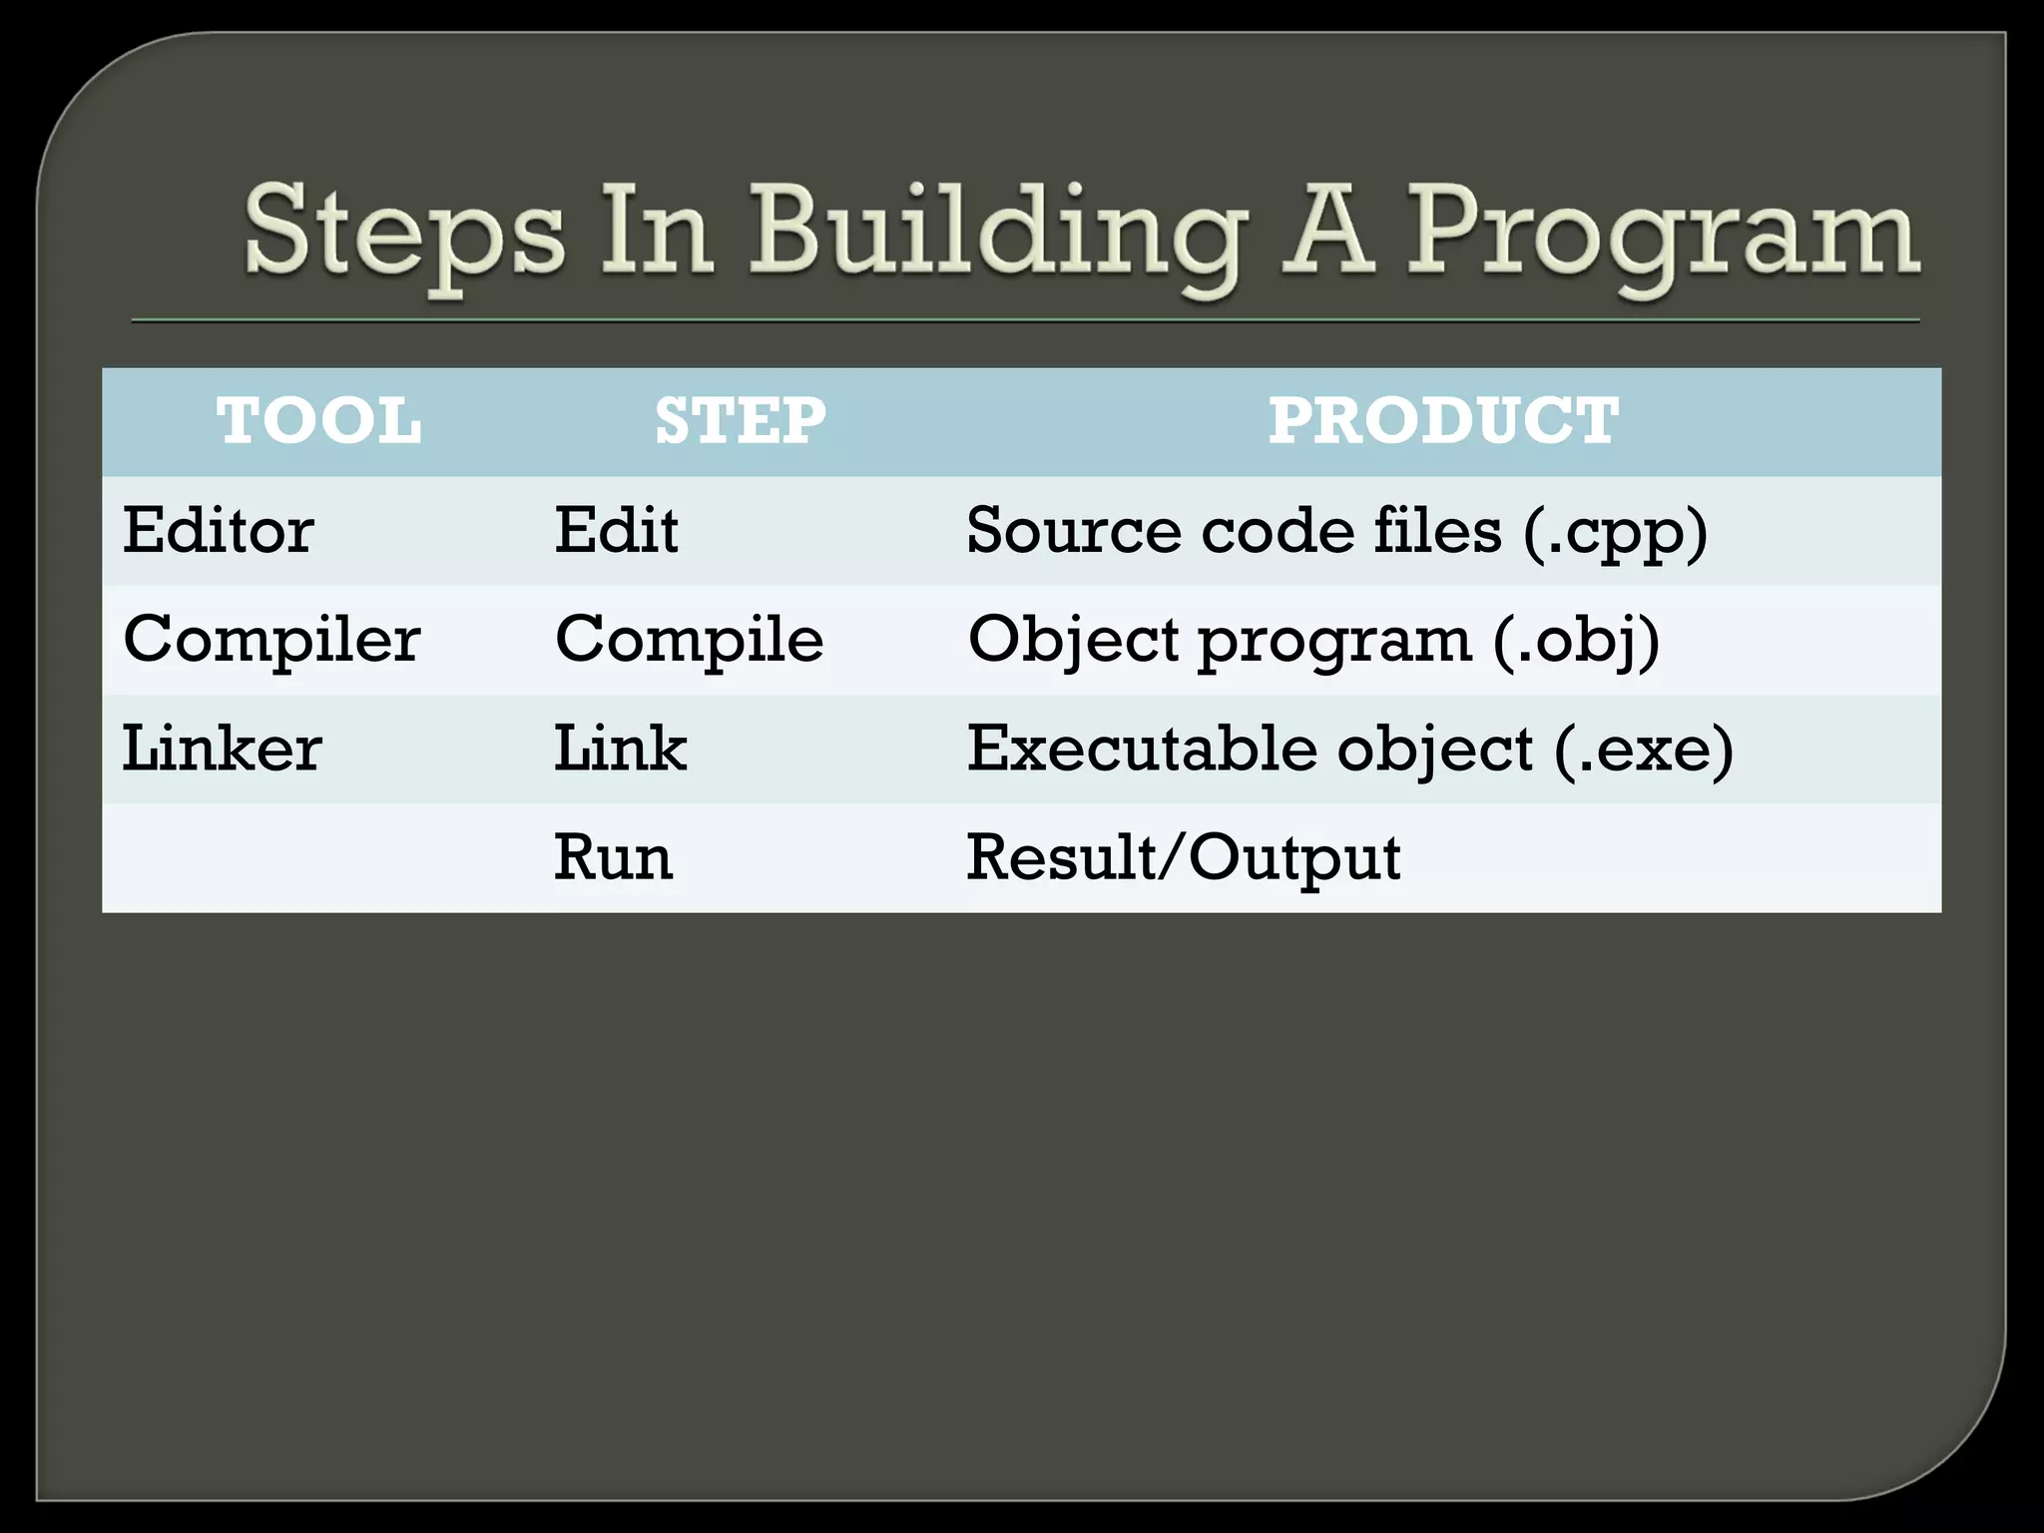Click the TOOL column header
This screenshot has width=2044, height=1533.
[x=319, y=420]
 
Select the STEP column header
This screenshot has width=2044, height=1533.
[x=741, y=420]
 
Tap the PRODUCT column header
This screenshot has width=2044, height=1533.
[x=1443, y=420]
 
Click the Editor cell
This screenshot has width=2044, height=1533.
[x=219, y=530]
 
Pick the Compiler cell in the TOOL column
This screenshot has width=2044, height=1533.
[x=271, y=639]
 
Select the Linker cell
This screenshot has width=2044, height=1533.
[x=222, y=749]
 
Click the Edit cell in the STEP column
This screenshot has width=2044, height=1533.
[x=617, y=530]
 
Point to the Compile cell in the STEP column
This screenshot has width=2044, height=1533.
[x=690, y=639]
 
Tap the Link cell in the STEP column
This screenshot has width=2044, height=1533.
[x=621, y=749]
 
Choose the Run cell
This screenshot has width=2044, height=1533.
[x=614, y=857]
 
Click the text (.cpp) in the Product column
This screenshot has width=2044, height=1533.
[x=1616, y=532]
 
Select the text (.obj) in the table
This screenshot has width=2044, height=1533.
[x=1577, y=641]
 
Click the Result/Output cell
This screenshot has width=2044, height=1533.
[x=1184, y=857]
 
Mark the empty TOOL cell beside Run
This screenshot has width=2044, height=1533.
[x=319, y=857]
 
